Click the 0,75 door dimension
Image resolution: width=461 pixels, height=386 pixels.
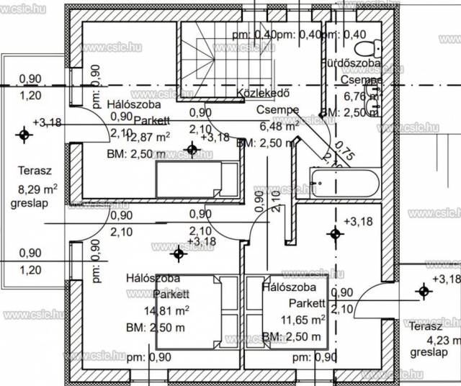(345, 153)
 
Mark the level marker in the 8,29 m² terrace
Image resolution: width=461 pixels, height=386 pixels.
(25, 134)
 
